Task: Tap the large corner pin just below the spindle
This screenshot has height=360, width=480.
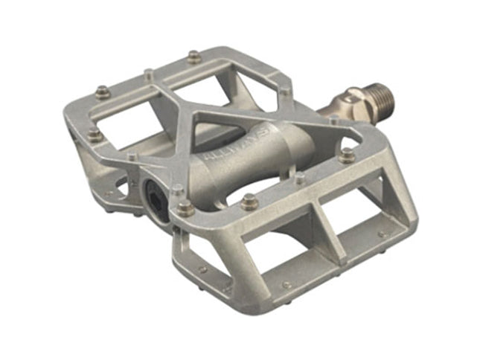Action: [x=347, y=155]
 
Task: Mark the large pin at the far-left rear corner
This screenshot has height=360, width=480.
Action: [x=102, y=91]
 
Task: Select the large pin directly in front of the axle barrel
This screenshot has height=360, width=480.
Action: [x=249, y=201]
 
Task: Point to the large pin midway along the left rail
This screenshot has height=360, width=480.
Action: [x=95, y=135]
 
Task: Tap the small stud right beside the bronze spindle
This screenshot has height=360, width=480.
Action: [x=333, y=119]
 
